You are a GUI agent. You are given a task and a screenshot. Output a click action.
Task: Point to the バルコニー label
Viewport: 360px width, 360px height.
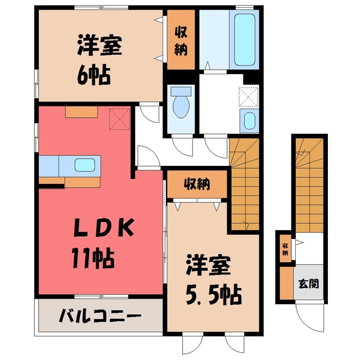(x=100, y=316)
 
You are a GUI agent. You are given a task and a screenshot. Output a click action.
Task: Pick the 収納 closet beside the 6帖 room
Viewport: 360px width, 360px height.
(x=181, y=39)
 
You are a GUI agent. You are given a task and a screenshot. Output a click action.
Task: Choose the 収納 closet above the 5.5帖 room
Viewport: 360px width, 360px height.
(x=197, y=184)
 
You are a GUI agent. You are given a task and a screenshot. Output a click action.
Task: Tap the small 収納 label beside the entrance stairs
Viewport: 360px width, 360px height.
(x=285, y=249)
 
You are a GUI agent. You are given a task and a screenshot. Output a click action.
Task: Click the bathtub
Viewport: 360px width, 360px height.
(x=245, y=39)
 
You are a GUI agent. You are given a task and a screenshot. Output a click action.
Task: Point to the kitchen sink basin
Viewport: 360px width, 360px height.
(x=85, y=165)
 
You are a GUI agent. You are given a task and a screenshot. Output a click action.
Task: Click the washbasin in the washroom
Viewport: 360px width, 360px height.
(x=249, y=121)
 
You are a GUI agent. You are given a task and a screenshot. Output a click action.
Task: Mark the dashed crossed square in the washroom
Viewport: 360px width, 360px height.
(x=249, y=97)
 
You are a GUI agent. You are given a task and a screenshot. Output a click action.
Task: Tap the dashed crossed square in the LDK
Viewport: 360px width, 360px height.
(x=120, y=119)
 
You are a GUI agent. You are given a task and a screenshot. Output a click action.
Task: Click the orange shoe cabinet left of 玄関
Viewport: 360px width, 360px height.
(x=287, y=283)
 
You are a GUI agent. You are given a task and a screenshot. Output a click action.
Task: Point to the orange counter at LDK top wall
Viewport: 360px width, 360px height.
(x=82, y=112)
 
